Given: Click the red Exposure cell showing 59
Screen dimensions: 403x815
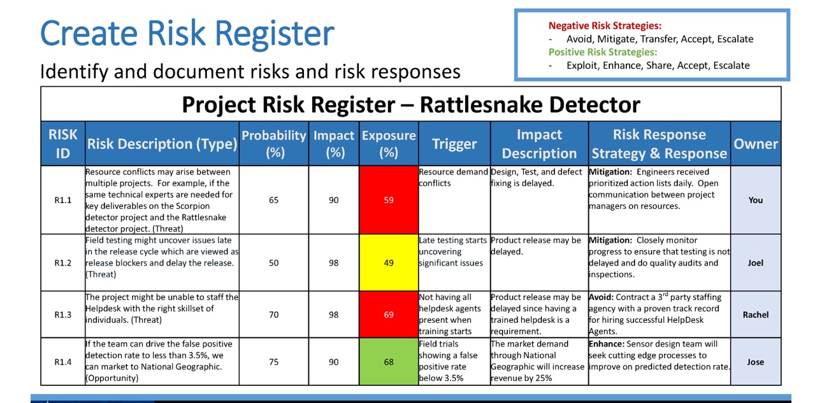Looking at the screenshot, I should [x=389, y=200].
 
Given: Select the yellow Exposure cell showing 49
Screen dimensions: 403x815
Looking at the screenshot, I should [x=389, y=263].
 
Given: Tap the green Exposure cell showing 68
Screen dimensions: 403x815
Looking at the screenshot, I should [x=389, y=362].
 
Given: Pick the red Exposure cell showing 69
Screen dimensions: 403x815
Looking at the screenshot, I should [x=389, y=315].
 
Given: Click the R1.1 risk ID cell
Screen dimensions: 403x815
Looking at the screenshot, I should [x=63, y=200].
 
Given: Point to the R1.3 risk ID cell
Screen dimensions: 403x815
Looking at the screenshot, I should [x=63, y=315].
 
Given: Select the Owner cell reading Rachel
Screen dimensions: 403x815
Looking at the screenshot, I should [x=756, y=315].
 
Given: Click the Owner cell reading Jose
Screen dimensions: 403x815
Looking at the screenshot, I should [x=756, y=362].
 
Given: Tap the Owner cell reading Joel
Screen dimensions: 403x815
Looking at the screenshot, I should [x=756, y=263].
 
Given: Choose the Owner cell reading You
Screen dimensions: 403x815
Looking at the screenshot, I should [x=756, y=200].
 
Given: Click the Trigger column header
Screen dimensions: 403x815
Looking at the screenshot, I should [x=454, y=144].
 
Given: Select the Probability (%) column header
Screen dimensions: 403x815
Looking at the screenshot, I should [x=274, y=144].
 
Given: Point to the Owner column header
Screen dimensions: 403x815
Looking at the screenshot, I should [x=756, y=144].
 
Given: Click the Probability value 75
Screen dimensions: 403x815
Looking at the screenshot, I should [x=274, y=362].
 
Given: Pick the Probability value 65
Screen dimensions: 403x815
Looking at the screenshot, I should [x=274, y=200].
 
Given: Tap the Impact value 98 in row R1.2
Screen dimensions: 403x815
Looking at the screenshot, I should [x=334, y=263].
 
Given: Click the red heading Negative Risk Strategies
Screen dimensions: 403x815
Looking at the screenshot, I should [x=605, y=26].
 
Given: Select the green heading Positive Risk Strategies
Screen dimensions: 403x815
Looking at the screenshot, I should [x=603, y=52].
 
